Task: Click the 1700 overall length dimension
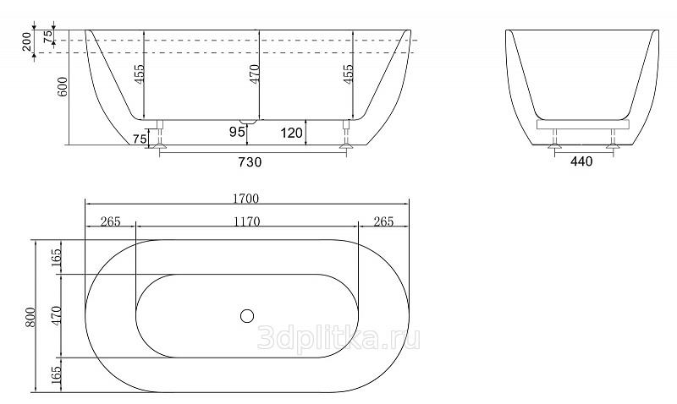245,199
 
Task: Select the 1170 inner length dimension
247,221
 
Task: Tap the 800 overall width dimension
30,317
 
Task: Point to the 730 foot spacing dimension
250,162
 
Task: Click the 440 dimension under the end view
581,161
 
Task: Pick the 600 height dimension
63,87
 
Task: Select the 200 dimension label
27,41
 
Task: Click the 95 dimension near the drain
237,132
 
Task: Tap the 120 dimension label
291,134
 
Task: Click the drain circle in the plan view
247,316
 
